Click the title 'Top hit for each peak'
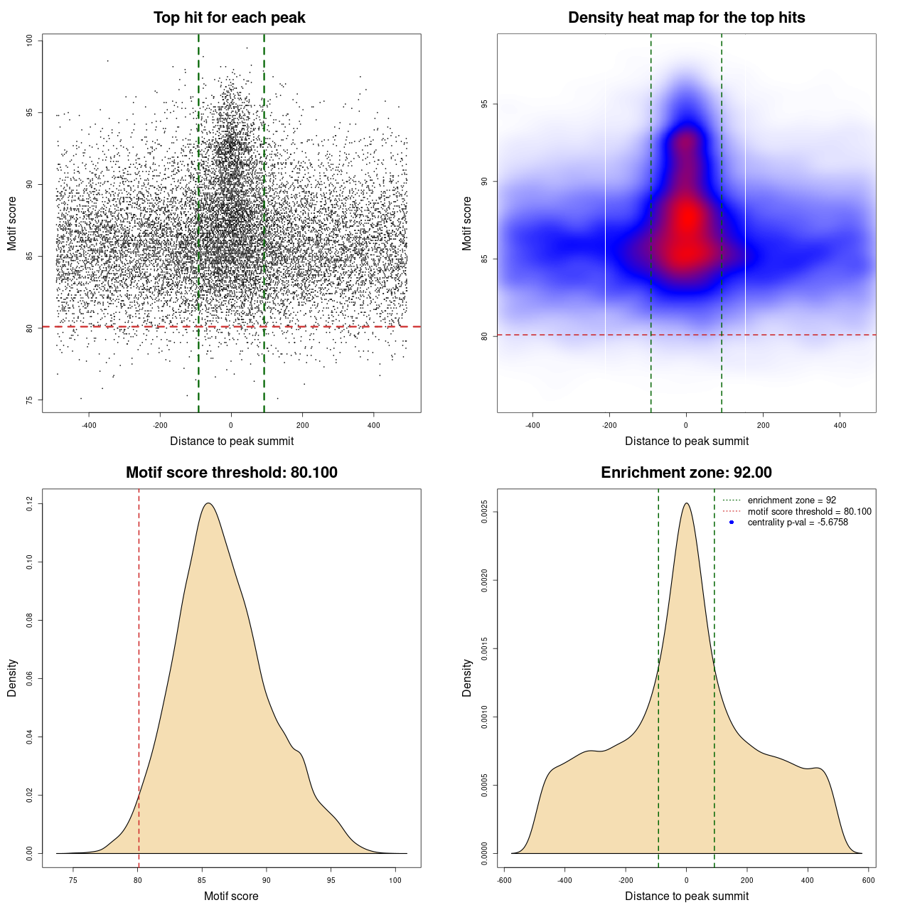(229, 18)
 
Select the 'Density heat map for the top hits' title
(686, 18)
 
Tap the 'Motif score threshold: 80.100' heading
(231, 473)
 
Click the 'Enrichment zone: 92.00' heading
(686, 473)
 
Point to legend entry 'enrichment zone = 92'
(791, 500)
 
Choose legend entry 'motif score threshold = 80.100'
(809, 511)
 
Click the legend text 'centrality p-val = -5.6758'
(798, 523)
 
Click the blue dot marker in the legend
(732, 523)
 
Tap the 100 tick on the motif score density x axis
(395, 880)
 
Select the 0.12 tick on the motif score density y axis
(30, 504)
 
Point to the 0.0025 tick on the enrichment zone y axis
(485, 512)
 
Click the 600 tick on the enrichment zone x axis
(868, 880)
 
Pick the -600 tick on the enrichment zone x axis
(503, 880)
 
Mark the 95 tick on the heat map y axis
(485, 105)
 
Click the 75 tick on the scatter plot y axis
(30, 400)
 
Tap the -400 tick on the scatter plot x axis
(89, 425)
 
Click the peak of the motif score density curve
(208, 503)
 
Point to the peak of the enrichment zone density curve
(686, 503)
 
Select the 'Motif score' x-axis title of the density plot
(231, 896)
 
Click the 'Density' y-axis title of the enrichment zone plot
(467, 678)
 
